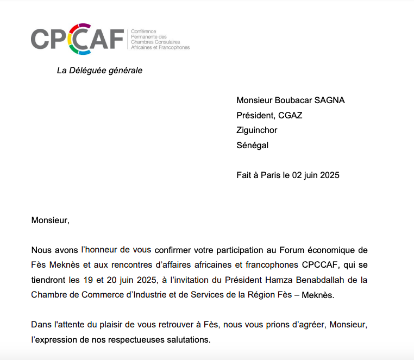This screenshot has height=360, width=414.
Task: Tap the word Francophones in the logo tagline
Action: click(175, 48)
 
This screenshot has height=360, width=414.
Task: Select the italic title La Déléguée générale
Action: click(99, 71)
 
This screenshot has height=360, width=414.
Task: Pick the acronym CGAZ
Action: click(290, 115)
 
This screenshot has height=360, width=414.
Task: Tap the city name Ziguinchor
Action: click(257, 130)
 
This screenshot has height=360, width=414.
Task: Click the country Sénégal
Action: click(252, 146)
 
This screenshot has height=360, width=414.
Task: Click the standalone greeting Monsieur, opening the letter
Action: click(51, 220)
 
